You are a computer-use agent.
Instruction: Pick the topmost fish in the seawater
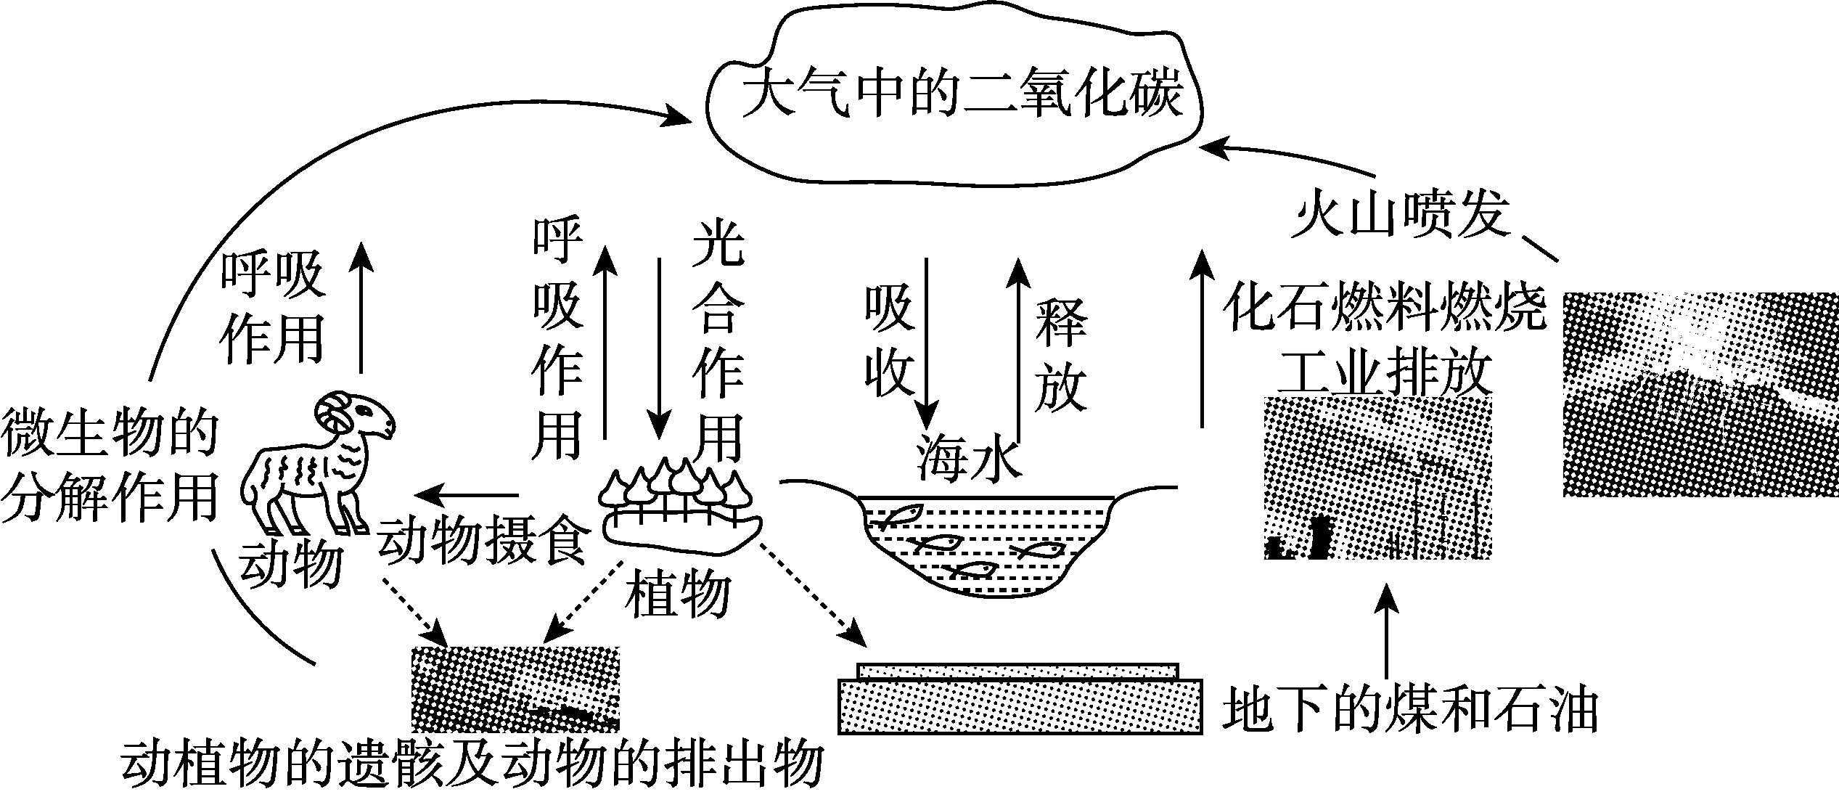pyautogui.click(x=896, y=515)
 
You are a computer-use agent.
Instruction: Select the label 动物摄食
pyautogui.click(x=483, y=541)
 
